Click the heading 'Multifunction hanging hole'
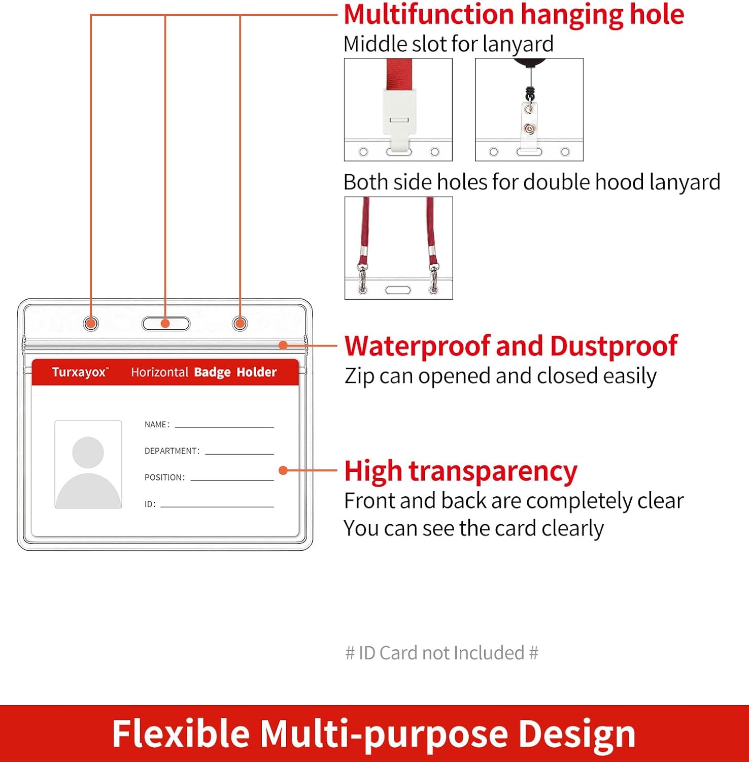coord(514,15)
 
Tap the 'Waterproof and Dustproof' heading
coord(511,346)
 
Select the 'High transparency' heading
coord(461,471)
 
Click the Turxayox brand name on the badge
coord(80,372)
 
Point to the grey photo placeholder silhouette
coord(88,464)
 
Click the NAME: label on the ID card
coord(157,425)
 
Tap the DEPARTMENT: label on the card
coord(172,451)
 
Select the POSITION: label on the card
coord(164,478)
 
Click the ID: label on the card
coord(150,504)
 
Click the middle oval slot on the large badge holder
coord(166,324)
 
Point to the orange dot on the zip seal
coord(284,345)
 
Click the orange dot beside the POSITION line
coord(284,470)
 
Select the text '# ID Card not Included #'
coord(441,653)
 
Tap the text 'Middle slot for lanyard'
coord(449,44)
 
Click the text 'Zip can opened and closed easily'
coord(500,376)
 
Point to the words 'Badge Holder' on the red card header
coord(235,372)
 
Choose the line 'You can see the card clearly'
coord(474,529)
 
